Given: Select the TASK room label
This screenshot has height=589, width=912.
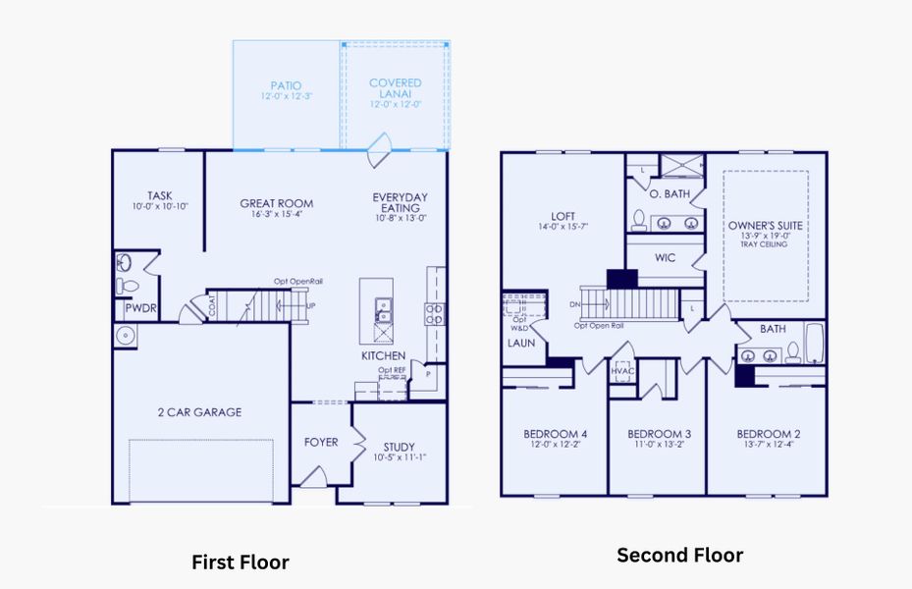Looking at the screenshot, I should click(x=160, y=195).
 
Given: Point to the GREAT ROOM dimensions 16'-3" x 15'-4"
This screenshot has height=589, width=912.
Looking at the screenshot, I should click(x=276, y=214).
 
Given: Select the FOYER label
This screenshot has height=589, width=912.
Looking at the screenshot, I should click(x=321, y=442).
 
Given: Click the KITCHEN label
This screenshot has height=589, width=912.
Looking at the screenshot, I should click(x=383, y=354).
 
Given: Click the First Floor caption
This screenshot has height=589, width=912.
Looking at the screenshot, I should click(x=241, y=562).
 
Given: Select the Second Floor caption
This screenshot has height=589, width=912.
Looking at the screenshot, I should click(x=679, y=556).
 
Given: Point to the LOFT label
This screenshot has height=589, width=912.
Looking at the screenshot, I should click(x=563, y=217).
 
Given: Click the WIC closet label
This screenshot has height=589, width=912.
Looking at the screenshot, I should click(x=665, y=259).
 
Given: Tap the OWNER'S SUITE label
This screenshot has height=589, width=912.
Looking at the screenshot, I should click(x=765, y=225).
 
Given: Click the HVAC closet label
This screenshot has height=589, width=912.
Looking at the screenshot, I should click(x=621, y=372).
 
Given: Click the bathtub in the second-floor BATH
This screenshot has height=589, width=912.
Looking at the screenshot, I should click(x=817, y=346).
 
